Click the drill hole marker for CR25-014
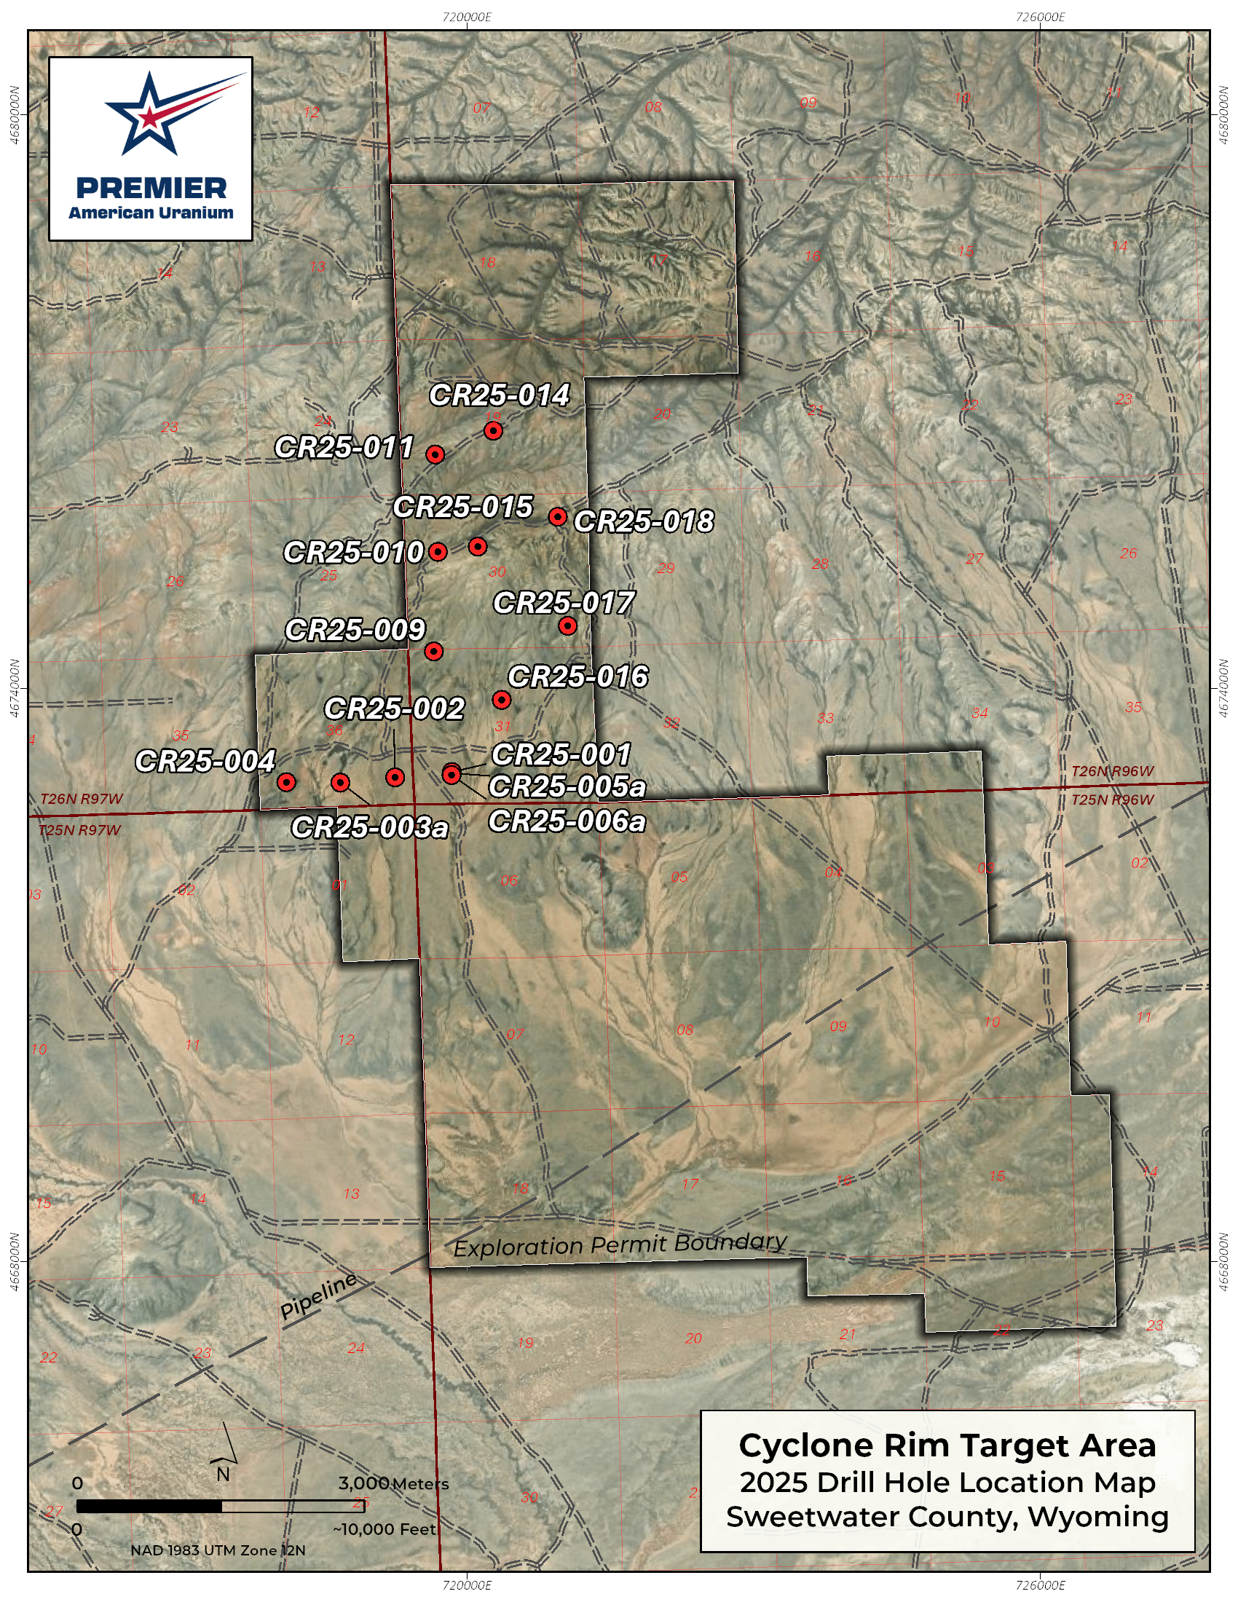(493, 430)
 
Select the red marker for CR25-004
(286, 782)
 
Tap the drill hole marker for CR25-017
(568, 626)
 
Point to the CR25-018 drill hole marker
(557, 516)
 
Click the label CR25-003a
(370, 827)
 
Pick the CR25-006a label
(567, 821)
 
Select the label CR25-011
(344, 446)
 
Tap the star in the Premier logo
(150, 114)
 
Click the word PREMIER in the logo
(151, 188)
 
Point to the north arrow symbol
(224, 1445)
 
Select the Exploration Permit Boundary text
(620, 1244)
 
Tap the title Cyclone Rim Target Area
(947, 1445)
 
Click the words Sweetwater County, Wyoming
(947, 1517)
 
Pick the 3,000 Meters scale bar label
(393, 1483)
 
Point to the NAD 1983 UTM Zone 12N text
(218, 1550)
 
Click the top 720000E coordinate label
(468, 17)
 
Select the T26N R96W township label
(1112, 771)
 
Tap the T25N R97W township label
(79, 830)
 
